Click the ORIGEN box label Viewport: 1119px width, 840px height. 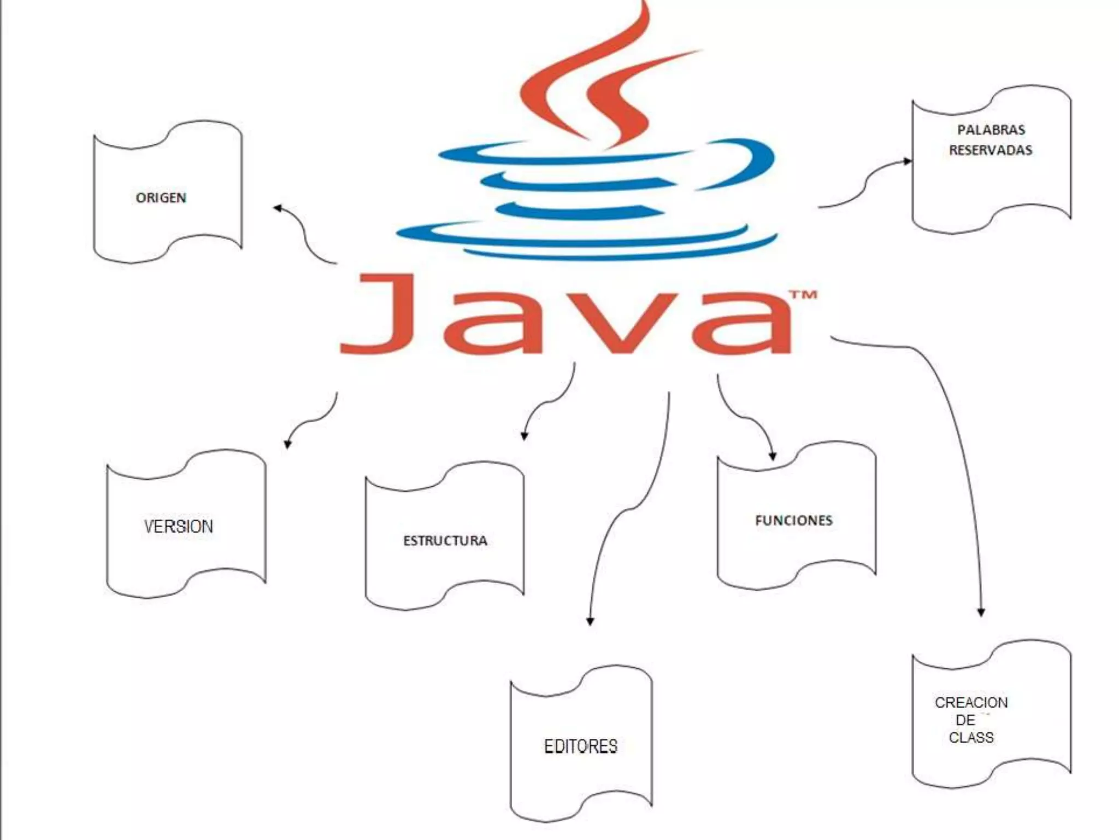tap(161, 197)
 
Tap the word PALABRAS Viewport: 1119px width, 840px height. tap(991, 130)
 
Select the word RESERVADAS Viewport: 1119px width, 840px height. tap(990, 150)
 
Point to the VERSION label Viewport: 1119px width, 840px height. tap(179, 527)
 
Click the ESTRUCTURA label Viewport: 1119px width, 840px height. tap(445, 541)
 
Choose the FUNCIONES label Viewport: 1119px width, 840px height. tap(793, 521)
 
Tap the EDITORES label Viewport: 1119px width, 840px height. tap(580, 746)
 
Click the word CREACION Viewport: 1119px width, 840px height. tap(971, 703)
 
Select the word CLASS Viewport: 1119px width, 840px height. tap(971, 738)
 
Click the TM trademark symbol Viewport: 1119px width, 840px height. tap(803, 295)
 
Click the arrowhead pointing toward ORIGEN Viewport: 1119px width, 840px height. tap(278, 208)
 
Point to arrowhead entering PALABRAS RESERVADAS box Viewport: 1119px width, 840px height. tap(908, 161)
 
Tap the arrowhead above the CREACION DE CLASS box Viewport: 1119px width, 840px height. tap(981, 612)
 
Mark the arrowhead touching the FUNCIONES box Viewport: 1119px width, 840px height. tap(773, 456)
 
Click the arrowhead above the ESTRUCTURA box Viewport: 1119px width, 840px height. tap(524, 436)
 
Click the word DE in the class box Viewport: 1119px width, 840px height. tap(965, 720)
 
